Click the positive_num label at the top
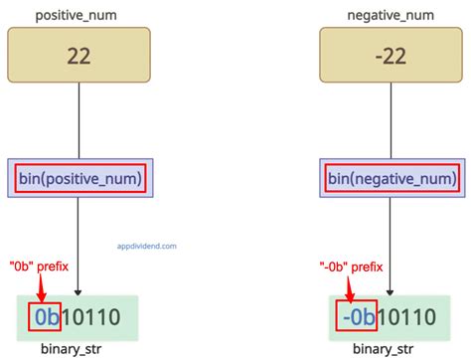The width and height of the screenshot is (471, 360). [x=78, y=15]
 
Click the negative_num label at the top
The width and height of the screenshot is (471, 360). [x=389, y=15]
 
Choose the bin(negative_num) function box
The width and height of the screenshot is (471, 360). [x=389, y=180]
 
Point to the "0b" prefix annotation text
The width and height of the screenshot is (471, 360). [x=41, y=266]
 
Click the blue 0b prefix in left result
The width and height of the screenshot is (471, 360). [x=45, y=317]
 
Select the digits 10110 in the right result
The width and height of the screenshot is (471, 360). [x=405, y=317]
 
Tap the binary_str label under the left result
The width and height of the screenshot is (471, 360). [x=79, y=349]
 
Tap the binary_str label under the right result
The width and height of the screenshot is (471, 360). [x=389, y=349]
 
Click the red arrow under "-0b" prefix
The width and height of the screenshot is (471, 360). [x=350, y=287]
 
